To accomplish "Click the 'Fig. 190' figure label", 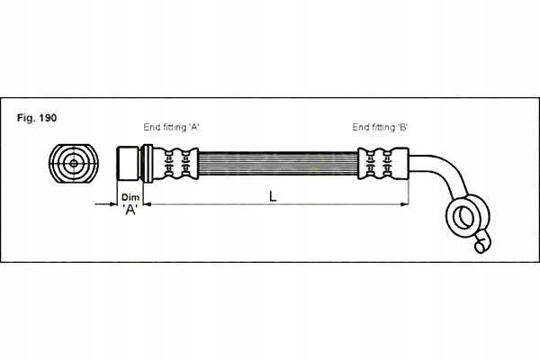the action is tap(37, 118).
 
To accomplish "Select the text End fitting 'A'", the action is tap(172, 127).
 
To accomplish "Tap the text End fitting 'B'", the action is tap(380, 127).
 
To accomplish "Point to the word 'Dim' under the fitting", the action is tap(130, 197).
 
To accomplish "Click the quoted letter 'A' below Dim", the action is tap(130, 209).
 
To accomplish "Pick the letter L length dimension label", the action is tap(273, 197).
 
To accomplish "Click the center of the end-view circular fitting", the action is tap(74, 164).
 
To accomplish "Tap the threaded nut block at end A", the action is tap(128, 163).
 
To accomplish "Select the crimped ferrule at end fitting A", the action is tap(175, 163).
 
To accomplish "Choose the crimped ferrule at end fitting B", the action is tap(383, 163).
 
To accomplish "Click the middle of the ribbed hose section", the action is tap(278, 163).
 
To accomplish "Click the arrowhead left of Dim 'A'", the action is tap(113, 204).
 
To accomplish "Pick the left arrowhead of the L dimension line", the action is tap(148, 204).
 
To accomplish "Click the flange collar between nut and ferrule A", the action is tap(146, 163).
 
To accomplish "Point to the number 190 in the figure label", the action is tap(48, 118).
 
